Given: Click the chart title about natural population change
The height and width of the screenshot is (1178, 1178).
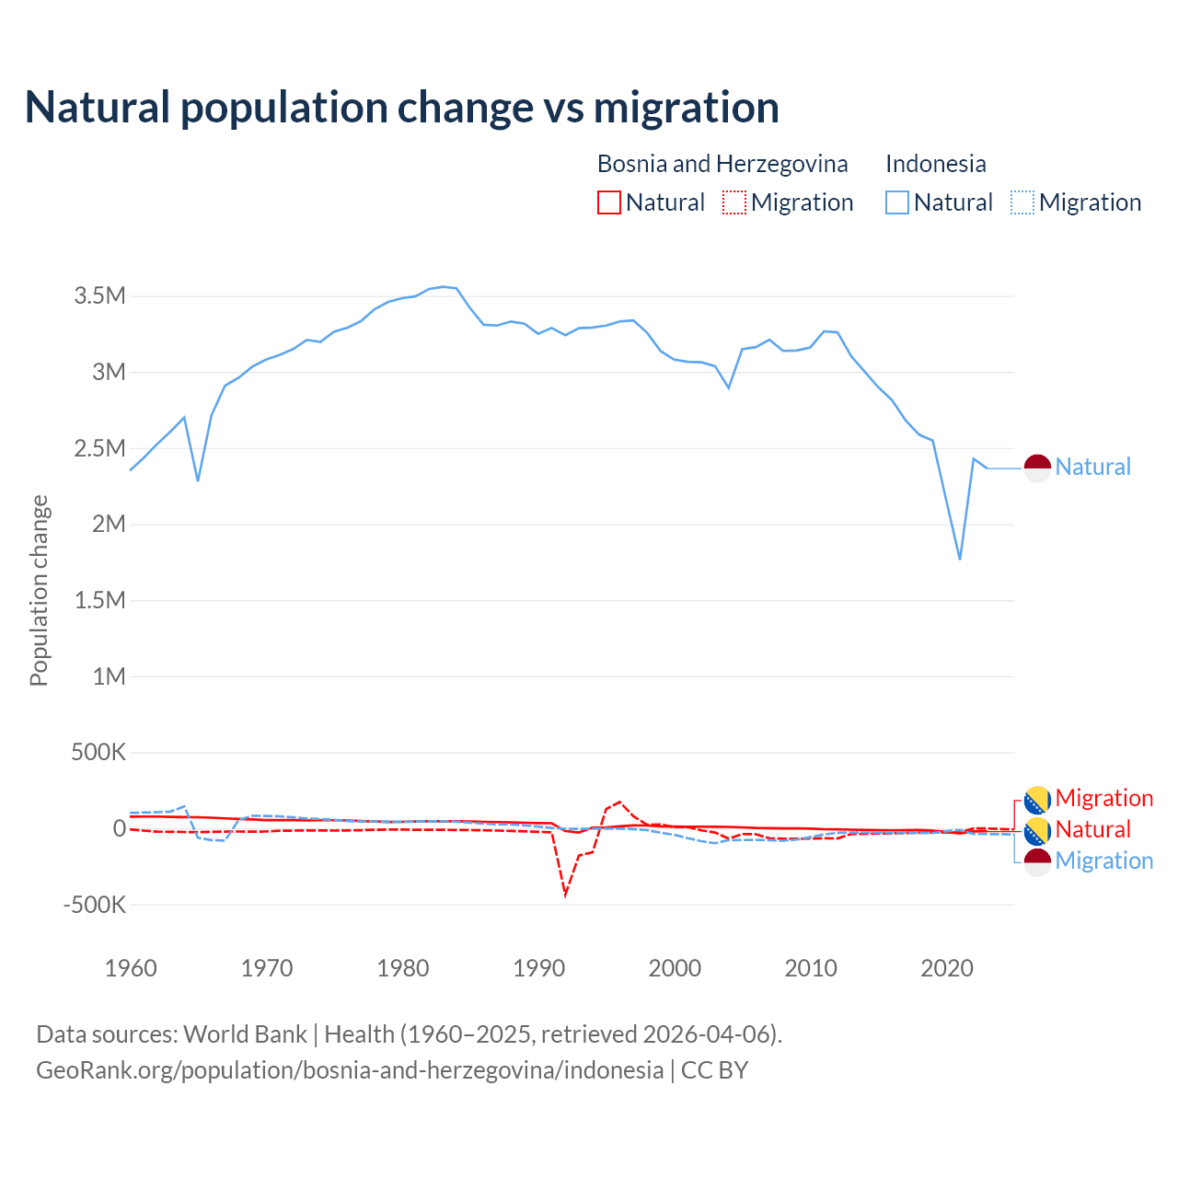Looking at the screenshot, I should point(402,108).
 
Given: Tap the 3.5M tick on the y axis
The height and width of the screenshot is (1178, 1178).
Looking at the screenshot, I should point(100,296).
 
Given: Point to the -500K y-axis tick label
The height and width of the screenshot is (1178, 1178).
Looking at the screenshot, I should point(95,905).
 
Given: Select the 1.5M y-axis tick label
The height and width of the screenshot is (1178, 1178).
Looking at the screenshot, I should point(100,600).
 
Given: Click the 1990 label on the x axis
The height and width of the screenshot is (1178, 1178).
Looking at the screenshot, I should point(538,968).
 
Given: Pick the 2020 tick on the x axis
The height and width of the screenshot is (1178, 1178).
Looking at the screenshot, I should point(947,968).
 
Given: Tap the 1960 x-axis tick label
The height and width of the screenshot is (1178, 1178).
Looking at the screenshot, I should point(131,968).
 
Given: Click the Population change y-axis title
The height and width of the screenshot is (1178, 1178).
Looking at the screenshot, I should point(39,591).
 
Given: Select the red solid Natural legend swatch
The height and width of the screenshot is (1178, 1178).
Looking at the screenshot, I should point(609,202).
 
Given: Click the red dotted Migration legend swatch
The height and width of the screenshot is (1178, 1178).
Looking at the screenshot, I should point(734,202).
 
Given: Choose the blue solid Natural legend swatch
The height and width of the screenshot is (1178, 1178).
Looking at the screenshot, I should point(897,202).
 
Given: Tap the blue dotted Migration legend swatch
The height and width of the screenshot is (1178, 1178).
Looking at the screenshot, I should point(1022,202).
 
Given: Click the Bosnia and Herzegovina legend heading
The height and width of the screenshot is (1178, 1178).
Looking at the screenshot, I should point(722,164).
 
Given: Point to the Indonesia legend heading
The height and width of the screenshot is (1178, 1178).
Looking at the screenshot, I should point(935,164).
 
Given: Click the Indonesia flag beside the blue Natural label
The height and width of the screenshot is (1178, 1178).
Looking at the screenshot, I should point(1037,468).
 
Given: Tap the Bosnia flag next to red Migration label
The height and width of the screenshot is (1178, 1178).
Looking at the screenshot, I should point(1037,799).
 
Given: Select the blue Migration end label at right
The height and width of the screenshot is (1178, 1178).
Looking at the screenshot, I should point(1103,860).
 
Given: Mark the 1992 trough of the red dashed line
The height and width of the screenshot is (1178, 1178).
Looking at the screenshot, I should point(565,895).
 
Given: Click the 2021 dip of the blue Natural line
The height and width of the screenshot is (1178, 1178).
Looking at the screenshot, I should point(960,559).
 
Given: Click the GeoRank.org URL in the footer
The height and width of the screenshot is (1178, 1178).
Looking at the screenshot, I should point(350,1070).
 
